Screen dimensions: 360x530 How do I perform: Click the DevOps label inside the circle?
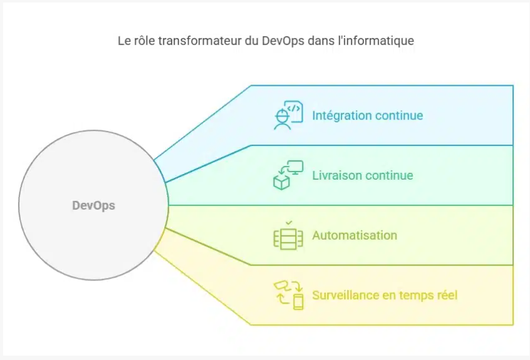click(x=93, y=205)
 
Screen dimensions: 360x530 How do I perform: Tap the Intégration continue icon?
click(x=288, y=115)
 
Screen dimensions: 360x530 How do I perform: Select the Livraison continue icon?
click(x=288, y=175)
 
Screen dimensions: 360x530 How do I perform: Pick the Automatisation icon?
click(x=288, y=237)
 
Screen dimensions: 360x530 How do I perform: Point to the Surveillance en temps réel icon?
click(x=288, y=295)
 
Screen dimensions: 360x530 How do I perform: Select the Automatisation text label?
click(x=355, y=235)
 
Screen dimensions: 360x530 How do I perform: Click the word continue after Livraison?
click(x=390, y=175)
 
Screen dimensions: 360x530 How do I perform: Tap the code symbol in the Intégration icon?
click(x=293, y=108)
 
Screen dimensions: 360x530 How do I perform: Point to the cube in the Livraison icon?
click(x=280, y=182)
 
